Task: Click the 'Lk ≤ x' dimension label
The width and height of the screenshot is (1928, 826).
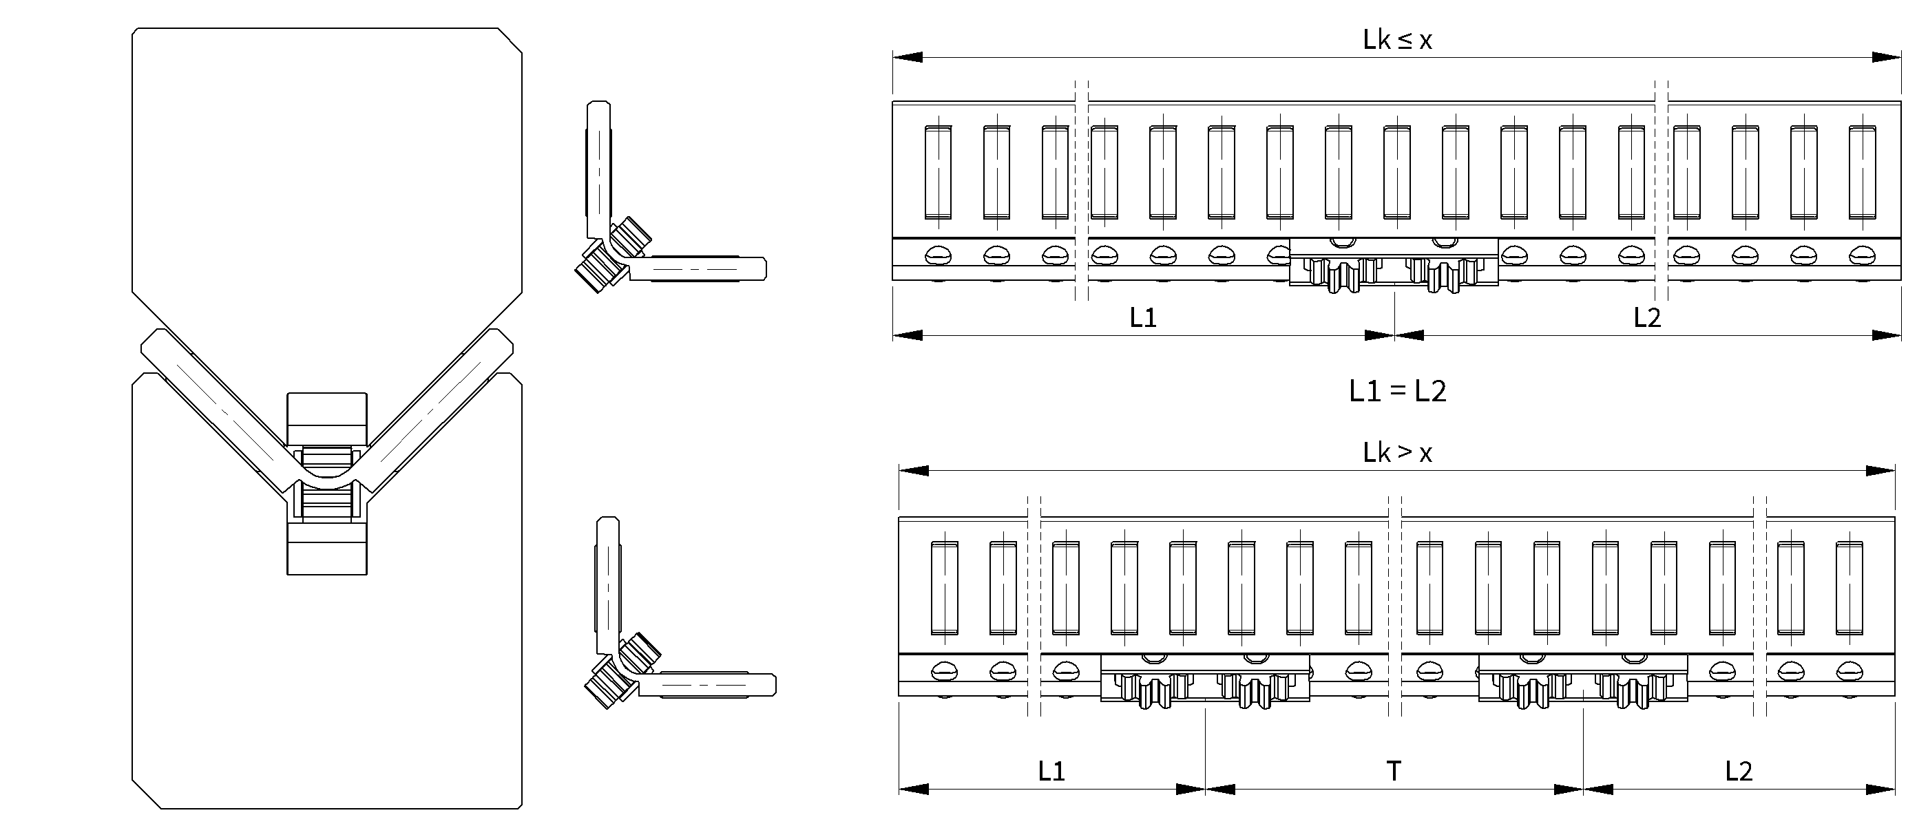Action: (x=1396, y=41)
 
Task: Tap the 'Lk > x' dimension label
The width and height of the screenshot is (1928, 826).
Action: (x=1396, y=454)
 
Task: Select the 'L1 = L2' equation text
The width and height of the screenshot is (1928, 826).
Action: (x=1396, y=391)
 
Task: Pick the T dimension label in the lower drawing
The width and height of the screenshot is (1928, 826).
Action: (x=1394, y=772)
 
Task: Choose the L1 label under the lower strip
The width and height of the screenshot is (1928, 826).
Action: (x=1051, y=772)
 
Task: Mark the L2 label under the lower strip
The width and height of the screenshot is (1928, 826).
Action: (x=1739, y=772)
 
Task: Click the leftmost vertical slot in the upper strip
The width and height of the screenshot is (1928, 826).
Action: (x=938, y=172)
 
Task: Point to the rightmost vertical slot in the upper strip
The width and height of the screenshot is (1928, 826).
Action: (x=1861, y=172)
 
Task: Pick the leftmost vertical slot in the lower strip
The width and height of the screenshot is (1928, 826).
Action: (x=944, y=587)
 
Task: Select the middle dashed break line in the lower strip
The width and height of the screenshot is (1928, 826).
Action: (x=1394, y=606)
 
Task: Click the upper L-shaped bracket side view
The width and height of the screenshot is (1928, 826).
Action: (x=659, y=224)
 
